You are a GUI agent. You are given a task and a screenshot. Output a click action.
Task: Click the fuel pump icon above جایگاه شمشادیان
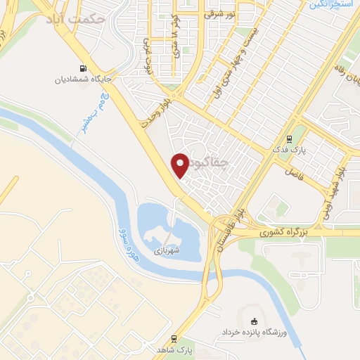[x=84, y=69]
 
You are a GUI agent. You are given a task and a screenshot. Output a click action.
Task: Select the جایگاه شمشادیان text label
[x=84, y=79]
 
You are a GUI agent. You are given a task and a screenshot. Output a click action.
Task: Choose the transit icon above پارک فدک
[x=289, y=140]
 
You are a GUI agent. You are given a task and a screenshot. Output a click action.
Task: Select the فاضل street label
[x=293, y=172]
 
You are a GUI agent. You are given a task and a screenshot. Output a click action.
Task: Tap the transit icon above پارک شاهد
[x=174, y=337]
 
